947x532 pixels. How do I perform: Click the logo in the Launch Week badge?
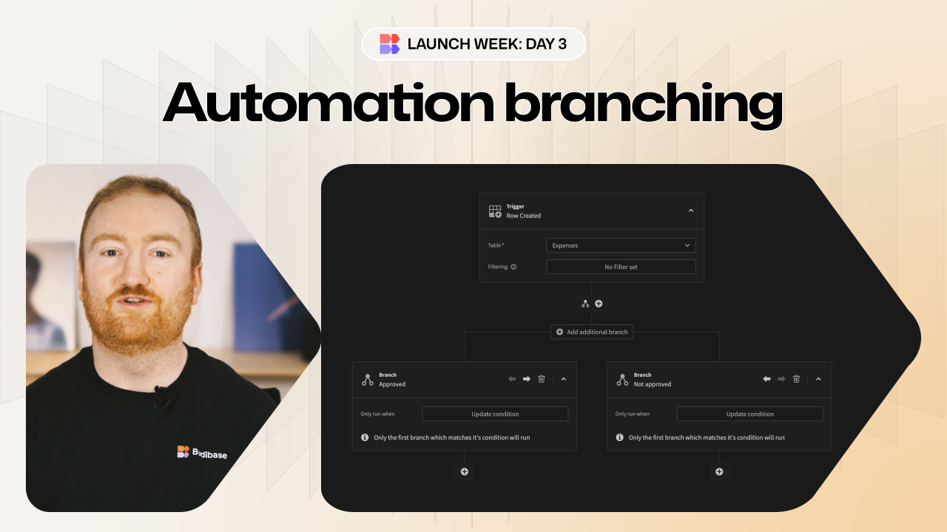[389, 44]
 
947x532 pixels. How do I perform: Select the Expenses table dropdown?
[621, 245]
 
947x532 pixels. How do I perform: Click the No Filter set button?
[621, 267]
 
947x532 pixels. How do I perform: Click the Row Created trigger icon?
[495, 211]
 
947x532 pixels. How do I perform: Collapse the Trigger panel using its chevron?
[691, 211]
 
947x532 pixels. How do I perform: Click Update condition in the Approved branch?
[495, 414]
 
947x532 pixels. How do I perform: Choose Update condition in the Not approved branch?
[749, 414]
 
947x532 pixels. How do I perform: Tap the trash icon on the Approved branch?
[542, 379]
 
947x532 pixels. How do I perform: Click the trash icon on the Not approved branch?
[796, 379]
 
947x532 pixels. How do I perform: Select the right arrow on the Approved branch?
[527, 379]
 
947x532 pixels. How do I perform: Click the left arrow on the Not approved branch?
[766, 379]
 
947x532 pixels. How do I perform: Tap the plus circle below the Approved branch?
[465, 471]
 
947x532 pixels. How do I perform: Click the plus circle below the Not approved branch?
[719, 471]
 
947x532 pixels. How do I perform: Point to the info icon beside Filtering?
[513, 267]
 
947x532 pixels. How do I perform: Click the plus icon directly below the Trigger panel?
[599, 304]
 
